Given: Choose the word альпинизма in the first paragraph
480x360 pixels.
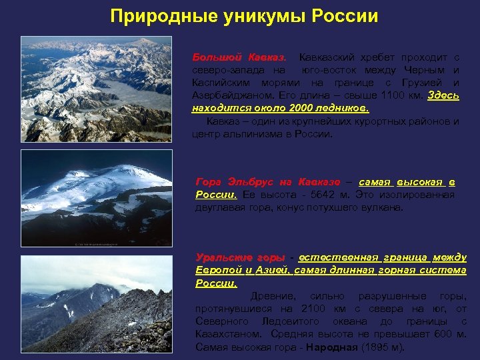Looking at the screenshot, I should pyautogui.click(x=243, y=133).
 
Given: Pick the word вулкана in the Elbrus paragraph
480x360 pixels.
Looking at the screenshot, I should pyautogui.click(x=383, y=207).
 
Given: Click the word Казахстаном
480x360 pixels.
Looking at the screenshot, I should pyautogui.click(x=229, y=334).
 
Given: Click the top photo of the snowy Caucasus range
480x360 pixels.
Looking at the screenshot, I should pyautogui.click(x=96, y=89).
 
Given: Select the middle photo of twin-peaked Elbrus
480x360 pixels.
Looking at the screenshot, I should pyautogui.click(x=96, y=198).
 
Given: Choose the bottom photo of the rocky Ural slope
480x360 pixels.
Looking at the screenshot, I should pyautogui.click(x=96, y=303).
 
